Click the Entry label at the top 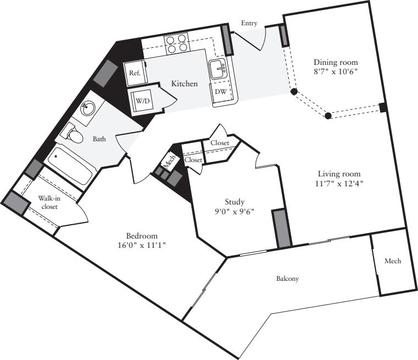[x=249, y=23]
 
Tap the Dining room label [x=335, y=62]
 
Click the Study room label [x=234, y=202]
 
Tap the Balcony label [x=287, y=279]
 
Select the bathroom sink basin [x=87, y=108]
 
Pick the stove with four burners [x=176, y=43]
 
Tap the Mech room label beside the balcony [x=393, y=261]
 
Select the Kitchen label [x=184, y=84]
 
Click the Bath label [x=99, y=139]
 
